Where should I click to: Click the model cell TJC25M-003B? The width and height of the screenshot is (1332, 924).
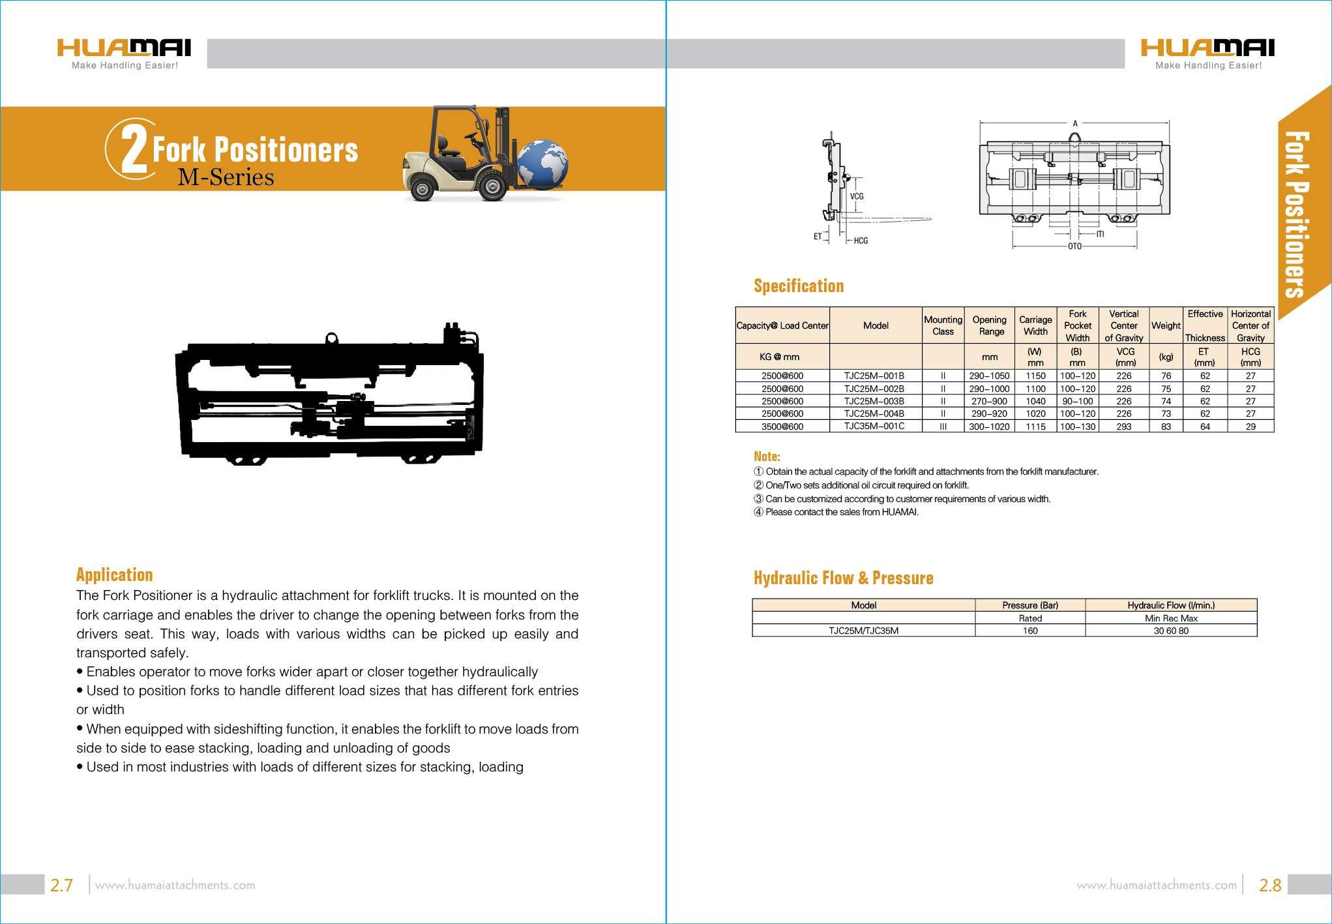coord(874,401)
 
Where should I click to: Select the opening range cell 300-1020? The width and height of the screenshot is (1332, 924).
coord(989,426)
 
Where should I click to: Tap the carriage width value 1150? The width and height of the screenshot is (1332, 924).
coord(1035,376)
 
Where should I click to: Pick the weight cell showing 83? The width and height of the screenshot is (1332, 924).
coord(1166,426)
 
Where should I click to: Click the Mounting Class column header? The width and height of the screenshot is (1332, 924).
coord(943,325)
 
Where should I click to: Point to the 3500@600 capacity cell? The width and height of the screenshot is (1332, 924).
coord(782,426)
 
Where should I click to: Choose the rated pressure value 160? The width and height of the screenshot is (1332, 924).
coord(1030,631)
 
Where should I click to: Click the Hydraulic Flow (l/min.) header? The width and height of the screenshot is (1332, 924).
coord(1171,605)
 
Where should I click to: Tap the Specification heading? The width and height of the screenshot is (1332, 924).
coord(799,286)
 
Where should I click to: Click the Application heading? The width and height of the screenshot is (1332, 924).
coord(115,574)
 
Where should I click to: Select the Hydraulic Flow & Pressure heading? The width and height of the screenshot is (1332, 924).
coord(843,578)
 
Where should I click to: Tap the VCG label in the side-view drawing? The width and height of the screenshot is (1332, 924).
coord(856,196)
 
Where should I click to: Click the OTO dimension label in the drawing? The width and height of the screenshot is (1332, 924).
coord(1074,246)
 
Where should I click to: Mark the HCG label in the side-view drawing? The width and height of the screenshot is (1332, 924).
coord(861,241)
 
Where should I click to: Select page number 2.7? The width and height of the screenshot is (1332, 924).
coord(61,885)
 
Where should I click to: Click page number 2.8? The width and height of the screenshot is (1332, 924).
coord(1269,885)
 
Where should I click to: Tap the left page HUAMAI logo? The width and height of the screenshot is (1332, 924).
coord(124,52)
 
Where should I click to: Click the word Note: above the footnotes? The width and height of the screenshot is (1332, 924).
coord(767,456)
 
